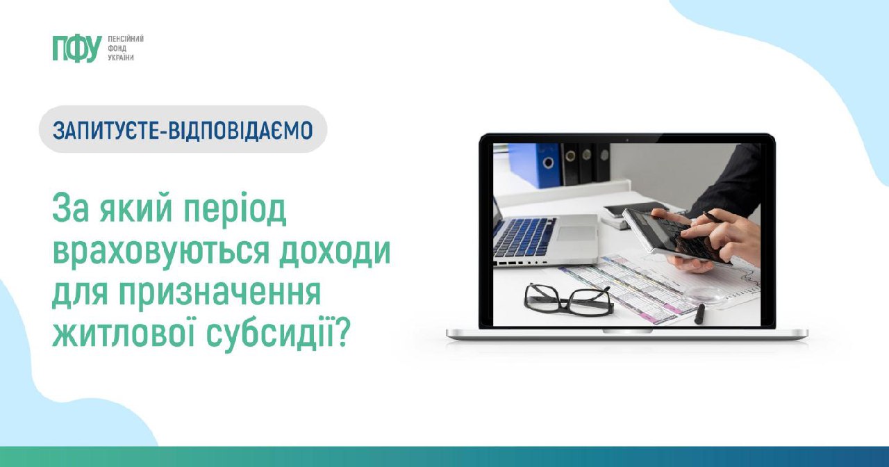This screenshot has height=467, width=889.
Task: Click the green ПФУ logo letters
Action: point(77,49)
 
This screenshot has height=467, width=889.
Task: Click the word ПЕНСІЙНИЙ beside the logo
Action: point(126,39)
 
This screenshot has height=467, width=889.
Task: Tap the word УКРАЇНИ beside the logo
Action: point(121,58)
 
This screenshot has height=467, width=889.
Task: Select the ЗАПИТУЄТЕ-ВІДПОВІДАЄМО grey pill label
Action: point(183,129)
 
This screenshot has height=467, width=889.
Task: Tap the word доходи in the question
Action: point(335,252)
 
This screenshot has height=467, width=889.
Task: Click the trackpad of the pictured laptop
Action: point(577,233)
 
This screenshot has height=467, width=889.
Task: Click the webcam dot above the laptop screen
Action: point(627,140)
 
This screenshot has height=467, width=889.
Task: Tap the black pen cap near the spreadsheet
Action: point(699,313)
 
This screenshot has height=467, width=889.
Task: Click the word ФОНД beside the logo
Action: point(117,49)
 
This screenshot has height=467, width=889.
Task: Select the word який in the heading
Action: point(135,210)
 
